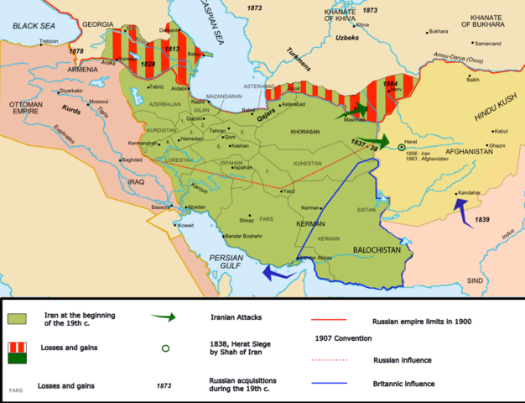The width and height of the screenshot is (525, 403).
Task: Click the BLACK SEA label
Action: point(31,27)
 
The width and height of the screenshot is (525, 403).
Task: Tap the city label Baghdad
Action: point(131,160)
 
